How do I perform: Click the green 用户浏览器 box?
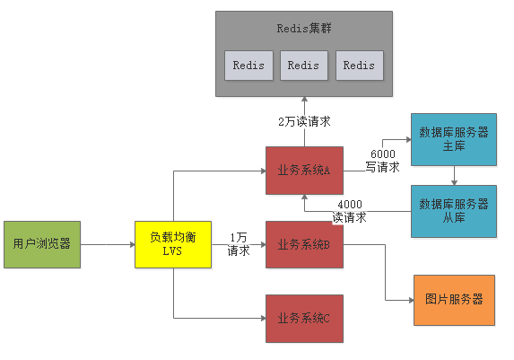[41, 243]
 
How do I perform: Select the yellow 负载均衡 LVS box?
[172, 243]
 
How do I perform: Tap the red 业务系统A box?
[304, 171]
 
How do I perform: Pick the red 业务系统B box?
[304, 243]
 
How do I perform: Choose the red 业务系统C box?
[304, 318]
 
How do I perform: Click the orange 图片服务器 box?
[454, 300]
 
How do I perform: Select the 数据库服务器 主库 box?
[454, 139]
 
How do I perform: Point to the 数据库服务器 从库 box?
[454, 211]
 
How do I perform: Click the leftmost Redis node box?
[248, 66]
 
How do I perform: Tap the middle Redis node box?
[303, 66]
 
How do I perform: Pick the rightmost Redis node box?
[359, 66]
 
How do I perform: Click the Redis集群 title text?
[304, 28]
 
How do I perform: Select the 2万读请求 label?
[304, 121]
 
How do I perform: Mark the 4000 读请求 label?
[350, 210]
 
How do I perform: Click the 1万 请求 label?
[239, 244]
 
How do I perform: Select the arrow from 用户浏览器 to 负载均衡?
[107, 243]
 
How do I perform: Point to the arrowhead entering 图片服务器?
[409, 300]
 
